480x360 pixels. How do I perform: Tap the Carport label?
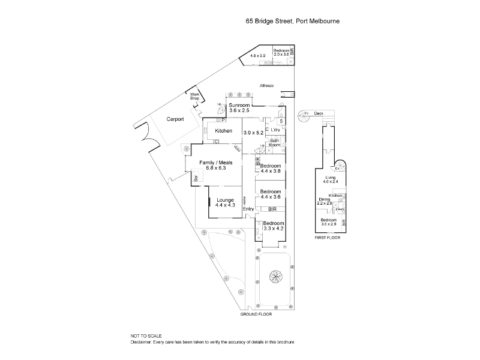[x=175, y=119]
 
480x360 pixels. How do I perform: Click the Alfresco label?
[x=266, y=86]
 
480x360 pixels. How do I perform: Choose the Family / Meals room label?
[x=207, y=165]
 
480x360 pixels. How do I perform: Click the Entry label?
[x=248, y=209]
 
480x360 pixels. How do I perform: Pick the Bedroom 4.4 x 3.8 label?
[x=271, y=168]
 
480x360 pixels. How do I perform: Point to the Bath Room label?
[x=274, y=143]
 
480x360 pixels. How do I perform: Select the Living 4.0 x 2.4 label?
[x=331, y=180]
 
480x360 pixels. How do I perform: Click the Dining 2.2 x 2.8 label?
[x=324, y=201]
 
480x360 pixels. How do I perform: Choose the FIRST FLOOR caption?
[x=328, y=238]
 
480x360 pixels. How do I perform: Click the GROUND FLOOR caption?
[x=256, y=314]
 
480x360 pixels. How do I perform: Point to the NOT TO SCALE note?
[x=146, y=336]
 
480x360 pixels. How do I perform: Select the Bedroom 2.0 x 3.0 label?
[x=281, y=52]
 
